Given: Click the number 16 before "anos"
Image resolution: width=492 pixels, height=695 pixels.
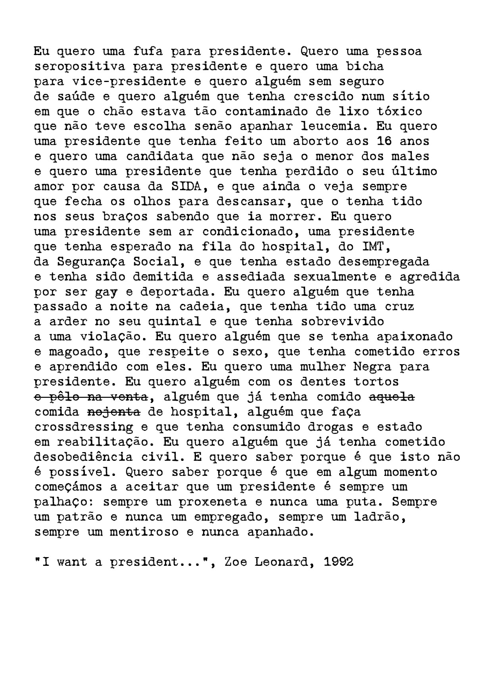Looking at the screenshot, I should (384, 141).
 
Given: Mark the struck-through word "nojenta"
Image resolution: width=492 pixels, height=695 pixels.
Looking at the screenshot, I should (114, 412).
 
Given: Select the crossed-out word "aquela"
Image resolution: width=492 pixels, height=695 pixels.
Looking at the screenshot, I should (392, 397).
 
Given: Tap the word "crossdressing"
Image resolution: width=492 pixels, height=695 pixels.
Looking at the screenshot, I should (84, 427).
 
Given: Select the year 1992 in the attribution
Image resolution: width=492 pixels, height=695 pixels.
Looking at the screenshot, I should (338, 562).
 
